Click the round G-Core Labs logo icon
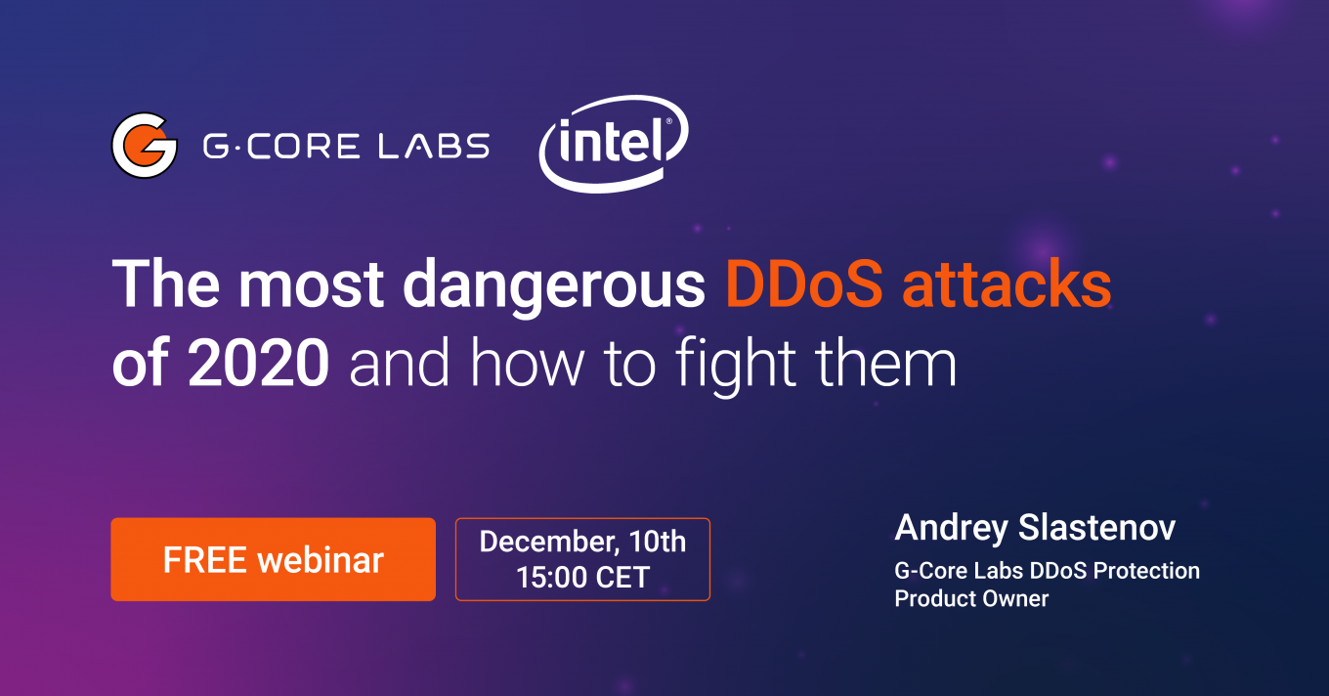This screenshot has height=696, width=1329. point(145,146)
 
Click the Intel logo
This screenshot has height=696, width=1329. point(614,144)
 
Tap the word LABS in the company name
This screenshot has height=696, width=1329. point(434,146)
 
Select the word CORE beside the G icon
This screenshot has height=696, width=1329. point(303,146)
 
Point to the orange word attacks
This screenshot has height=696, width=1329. point(1007,283)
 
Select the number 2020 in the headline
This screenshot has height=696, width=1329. point(259,362)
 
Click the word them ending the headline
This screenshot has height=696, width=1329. point(885,362)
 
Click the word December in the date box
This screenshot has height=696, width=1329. point(549,543)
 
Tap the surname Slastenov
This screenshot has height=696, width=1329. point(1097,528)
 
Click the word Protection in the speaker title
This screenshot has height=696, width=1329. point(1146,571)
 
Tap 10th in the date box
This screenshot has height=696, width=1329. point(658,542)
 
